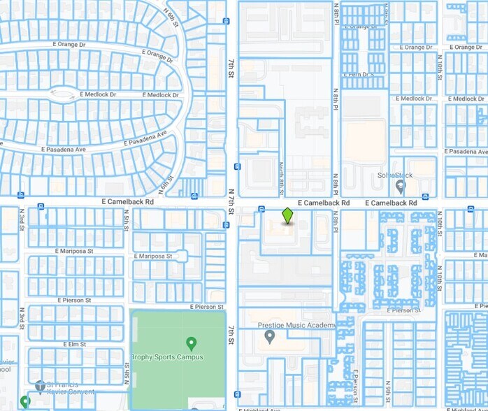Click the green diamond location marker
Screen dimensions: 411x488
287,216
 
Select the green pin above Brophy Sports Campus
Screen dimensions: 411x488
191,343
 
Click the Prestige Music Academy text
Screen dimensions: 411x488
297,325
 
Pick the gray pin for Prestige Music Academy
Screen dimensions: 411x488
269,338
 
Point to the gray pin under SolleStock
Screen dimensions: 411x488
400,187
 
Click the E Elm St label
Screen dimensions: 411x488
69,345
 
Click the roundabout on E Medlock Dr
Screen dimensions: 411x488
63,94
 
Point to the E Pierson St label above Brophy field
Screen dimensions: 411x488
208,307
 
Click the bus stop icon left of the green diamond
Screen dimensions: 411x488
260,209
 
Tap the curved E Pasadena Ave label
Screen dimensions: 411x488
146,138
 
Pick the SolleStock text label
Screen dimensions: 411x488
392,175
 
